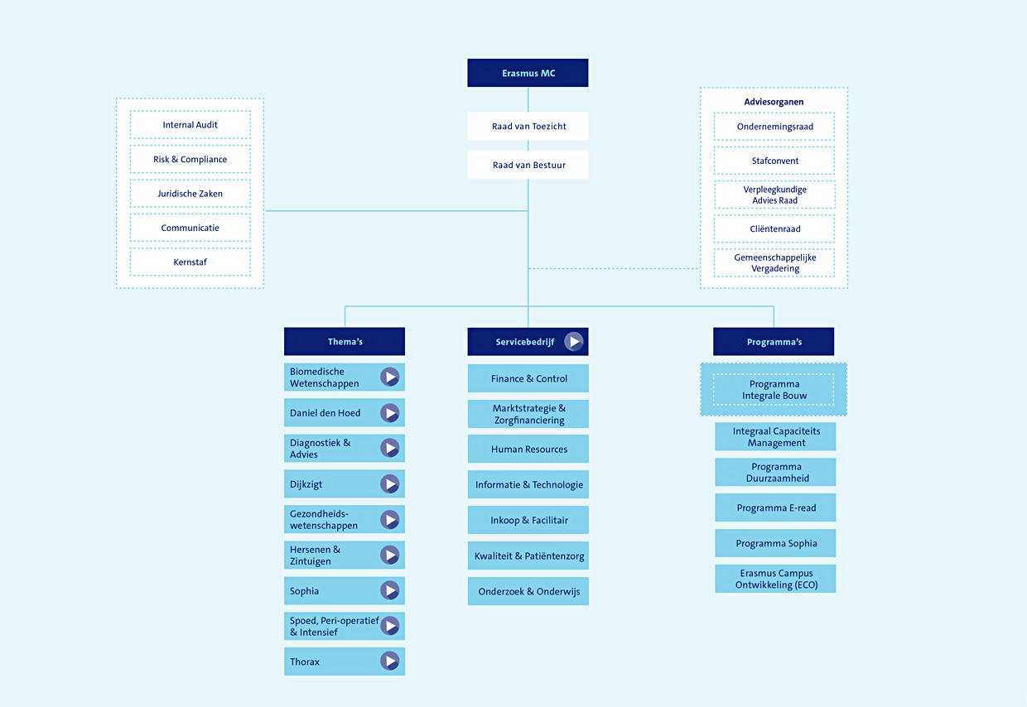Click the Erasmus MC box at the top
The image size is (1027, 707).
[x=528, y=73]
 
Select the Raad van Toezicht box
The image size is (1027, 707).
[x=528, y=126]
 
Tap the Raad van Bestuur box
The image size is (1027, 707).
[x=528, y=165]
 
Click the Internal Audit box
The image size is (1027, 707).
[x=190, y=125]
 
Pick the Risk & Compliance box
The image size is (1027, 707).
[x=190, y=159]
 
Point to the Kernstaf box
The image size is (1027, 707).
[x=190, y=262]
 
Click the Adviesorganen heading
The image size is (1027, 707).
[x=774, y=102]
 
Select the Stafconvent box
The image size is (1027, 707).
[x=774, y=161]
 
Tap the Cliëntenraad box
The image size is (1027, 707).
[x=774, y=228]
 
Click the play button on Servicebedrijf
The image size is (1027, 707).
[x=574, y=341]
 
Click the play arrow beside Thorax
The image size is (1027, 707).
[x=390, y=661]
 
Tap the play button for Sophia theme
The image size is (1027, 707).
[x=390, y=590]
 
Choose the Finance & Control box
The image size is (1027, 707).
[x=528, y=378]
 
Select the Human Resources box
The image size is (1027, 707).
[x=528, y=449]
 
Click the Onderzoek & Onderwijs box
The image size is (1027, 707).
[x=528, y=592]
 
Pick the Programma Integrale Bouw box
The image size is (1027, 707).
[x=774, y=389]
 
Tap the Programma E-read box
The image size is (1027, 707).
[x=775, y=507]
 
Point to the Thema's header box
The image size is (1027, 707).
[x=345, y=341]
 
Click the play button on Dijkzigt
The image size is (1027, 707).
[x=390, y=483]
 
